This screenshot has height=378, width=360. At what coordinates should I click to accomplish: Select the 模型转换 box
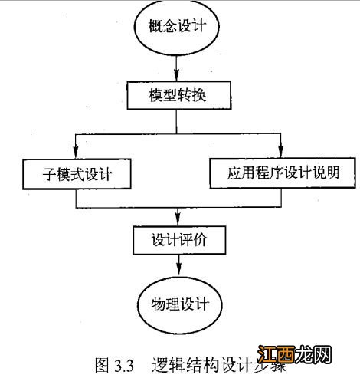click(x=178, y=98)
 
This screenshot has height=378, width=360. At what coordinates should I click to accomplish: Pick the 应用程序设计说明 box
click(x=282, y=173)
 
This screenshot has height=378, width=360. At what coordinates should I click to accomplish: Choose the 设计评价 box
click(x=178, y=240)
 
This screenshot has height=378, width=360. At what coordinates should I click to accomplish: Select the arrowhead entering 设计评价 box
click(x=178, y=221)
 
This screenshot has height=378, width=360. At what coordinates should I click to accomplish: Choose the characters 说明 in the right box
click(x=336, y=173)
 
